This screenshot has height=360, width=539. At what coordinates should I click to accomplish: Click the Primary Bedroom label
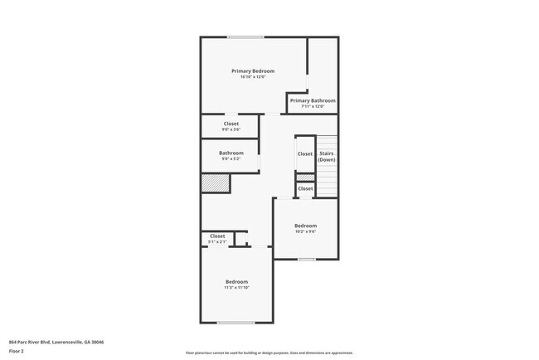click(x=253, y=71)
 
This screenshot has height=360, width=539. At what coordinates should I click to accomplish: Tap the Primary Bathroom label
click(x=313, y=100)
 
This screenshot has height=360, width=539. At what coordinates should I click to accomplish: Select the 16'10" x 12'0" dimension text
click(x=253, y=77)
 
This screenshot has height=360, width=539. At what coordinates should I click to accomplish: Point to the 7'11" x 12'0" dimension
click(x=313, y=106)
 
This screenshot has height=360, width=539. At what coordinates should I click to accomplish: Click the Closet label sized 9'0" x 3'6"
click(x=231, y=124)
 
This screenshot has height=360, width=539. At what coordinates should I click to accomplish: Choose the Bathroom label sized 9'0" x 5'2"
click(x=231, y=153)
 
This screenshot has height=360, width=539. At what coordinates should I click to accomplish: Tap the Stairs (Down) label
click(x=326, y=156)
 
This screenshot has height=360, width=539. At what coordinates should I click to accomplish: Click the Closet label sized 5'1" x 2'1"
click(x=217, y=236)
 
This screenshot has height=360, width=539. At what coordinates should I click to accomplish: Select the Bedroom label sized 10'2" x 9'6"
click(x=305, y=226)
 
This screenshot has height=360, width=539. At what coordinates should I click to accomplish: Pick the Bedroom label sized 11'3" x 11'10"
click(x=236, y=282)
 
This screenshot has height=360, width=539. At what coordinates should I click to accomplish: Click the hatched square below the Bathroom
click(x=214, y=183)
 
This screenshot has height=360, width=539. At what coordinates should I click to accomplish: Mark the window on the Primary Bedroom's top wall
click(x=246, y=36)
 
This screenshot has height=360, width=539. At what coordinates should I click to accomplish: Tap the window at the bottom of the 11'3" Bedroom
click(x=236, y=323)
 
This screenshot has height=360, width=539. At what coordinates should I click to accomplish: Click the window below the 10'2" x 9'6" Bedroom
click(x=307, y=260)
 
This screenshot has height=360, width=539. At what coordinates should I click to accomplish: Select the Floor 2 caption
click(x=17, y=351)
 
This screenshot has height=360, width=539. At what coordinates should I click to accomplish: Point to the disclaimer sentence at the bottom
click(x=269, y=353)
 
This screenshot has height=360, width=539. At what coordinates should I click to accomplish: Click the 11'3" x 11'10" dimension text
click(x=236, y=288)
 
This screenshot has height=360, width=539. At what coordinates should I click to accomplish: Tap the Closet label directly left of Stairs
click(x=305, y=153)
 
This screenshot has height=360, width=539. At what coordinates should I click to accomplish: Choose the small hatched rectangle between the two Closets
click(x=305, y=178)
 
